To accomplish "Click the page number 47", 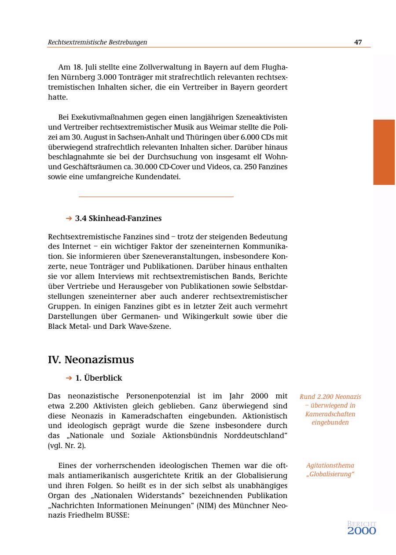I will pyautogui.click(x=358, y=42).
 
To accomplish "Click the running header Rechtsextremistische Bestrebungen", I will pyautogui.click(x=97, y=42).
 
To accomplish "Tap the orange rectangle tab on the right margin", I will pyautogui.click(x=384, y=152).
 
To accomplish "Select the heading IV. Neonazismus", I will pyautogui.click(x=91, y=360).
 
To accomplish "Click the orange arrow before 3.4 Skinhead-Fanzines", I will pyautogui.click(x=69, y=218).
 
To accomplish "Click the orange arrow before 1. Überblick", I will pyautogui.click(x=69, y=378).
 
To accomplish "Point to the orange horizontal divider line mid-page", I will pyautogui.click(x=156, y=197).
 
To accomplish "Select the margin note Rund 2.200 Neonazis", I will pyautogui.click(x=330, y=397).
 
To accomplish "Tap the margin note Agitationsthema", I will pyautogui.click(x=330, y=465).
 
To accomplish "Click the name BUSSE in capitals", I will pyautogui.click(x=116, y=515).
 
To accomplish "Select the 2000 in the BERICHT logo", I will pyautogui.click(x=362, y=531).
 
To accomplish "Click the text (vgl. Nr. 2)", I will pyautogui.click(x=67, y=445).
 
